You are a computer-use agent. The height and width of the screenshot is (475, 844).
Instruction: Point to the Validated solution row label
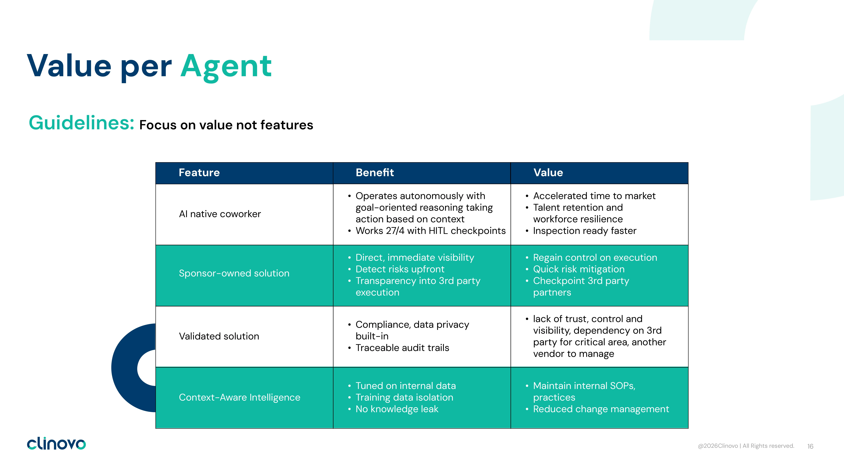[x=219, y=336]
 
